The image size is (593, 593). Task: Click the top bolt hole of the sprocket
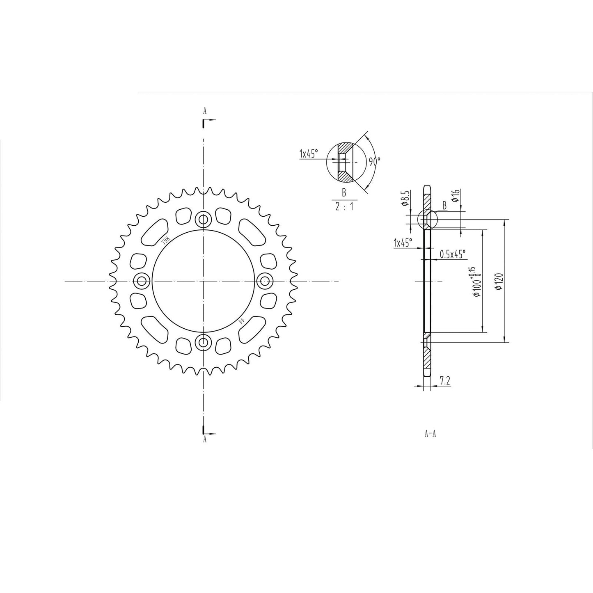pyautogui.click(x=203, y=220)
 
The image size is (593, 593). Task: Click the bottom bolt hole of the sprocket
pyautogui.click(x=203, y=342)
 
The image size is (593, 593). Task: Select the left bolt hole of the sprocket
pyautogui.click(x=142, y=281)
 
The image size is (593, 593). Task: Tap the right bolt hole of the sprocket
pyautogui.click(x=265, y=281)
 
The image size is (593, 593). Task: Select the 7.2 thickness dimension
pyautogui.click(x=445, y=381)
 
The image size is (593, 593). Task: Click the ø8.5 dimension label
pyautogui.click(x=405, y=198)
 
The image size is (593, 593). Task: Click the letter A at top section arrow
pyautogui.click(x=204, y=111)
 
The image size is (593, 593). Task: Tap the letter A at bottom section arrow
pyautogui.click(x=204, y=440)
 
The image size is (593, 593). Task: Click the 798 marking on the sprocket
pyautogui.click(x=166, y=240)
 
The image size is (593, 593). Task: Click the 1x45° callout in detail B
pyautogui.click(x=309, y=154)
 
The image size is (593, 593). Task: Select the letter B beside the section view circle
pyautogui.click(x=444, y=206)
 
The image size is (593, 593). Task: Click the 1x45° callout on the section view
pyautogui.click(x=403, y=243)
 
